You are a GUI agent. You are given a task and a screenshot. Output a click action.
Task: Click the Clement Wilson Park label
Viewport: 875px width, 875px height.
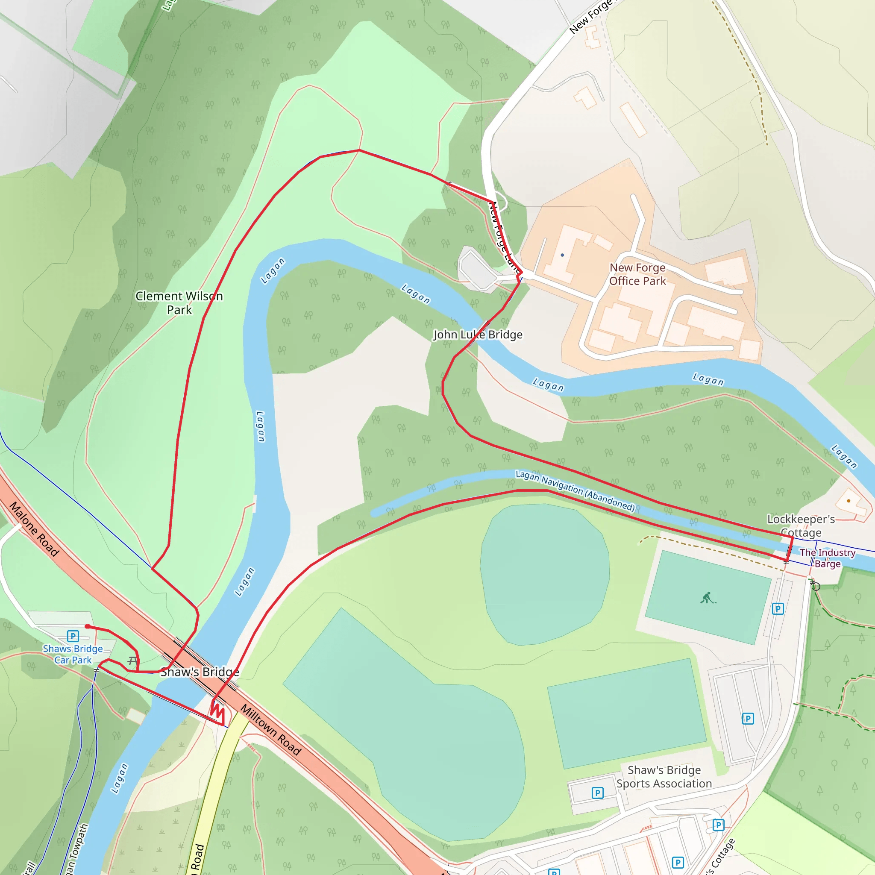[x=179, y=302]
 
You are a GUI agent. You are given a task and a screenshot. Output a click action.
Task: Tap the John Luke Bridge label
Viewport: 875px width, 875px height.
[x=478, y=335]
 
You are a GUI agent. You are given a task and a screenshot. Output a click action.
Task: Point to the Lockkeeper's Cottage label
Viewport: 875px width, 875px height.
[x=801, y=526]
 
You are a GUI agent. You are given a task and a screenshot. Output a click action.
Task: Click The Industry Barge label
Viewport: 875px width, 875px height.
[x=827, y=558]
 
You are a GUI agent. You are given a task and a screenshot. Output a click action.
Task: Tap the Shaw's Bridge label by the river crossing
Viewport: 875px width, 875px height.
[x=200, y=672]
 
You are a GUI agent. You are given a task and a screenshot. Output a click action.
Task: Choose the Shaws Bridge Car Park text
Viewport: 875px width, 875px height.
[x=73, y=654]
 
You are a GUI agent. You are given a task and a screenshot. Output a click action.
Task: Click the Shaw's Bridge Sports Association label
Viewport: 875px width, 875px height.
[x=664, y=777]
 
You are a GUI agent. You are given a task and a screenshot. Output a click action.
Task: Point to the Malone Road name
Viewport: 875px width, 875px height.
[x=35, y=529]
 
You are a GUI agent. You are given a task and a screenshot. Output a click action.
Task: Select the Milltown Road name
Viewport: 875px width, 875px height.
[x=271, y=730]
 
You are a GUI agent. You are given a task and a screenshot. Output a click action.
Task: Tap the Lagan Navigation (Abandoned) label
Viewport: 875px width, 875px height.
[x=575, y=490]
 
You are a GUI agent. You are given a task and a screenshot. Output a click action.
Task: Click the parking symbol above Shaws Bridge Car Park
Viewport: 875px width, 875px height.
[x=73, y=636]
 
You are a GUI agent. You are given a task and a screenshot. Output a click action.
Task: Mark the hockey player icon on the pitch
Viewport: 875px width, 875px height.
[x=708, y=598]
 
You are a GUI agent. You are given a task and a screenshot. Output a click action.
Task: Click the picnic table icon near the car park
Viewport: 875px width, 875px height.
[x=132, y=661]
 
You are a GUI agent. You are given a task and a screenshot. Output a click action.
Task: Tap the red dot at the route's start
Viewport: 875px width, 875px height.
[x=88, y=627]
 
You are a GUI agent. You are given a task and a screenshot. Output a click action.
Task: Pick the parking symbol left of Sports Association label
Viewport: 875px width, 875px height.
[x=597, y=793]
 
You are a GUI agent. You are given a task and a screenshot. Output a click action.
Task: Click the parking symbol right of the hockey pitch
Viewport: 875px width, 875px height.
[x=778, y=609]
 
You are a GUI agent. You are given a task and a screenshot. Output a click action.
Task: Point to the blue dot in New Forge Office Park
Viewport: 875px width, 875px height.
[x=562, y=255]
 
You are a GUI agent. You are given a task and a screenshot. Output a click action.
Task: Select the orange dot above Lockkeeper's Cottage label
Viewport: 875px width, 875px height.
[x=848, y=501]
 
